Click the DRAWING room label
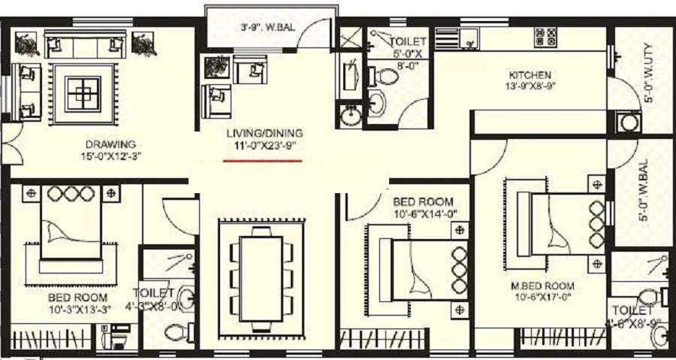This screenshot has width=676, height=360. [x=110, y=144]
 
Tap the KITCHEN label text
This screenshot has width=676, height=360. [x=530, y=75]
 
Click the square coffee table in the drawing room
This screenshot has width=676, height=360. [x=82, y=93]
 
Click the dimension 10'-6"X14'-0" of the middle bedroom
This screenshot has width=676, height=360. [x=425, y=214]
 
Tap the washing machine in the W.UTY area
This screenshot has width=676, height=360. [x=626, y=123]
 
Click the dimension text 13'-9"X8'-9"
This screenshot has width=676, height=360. [x=530, y=86]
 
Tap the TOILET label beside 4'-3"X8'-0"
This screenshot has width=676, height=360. [x=152, y=292]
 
